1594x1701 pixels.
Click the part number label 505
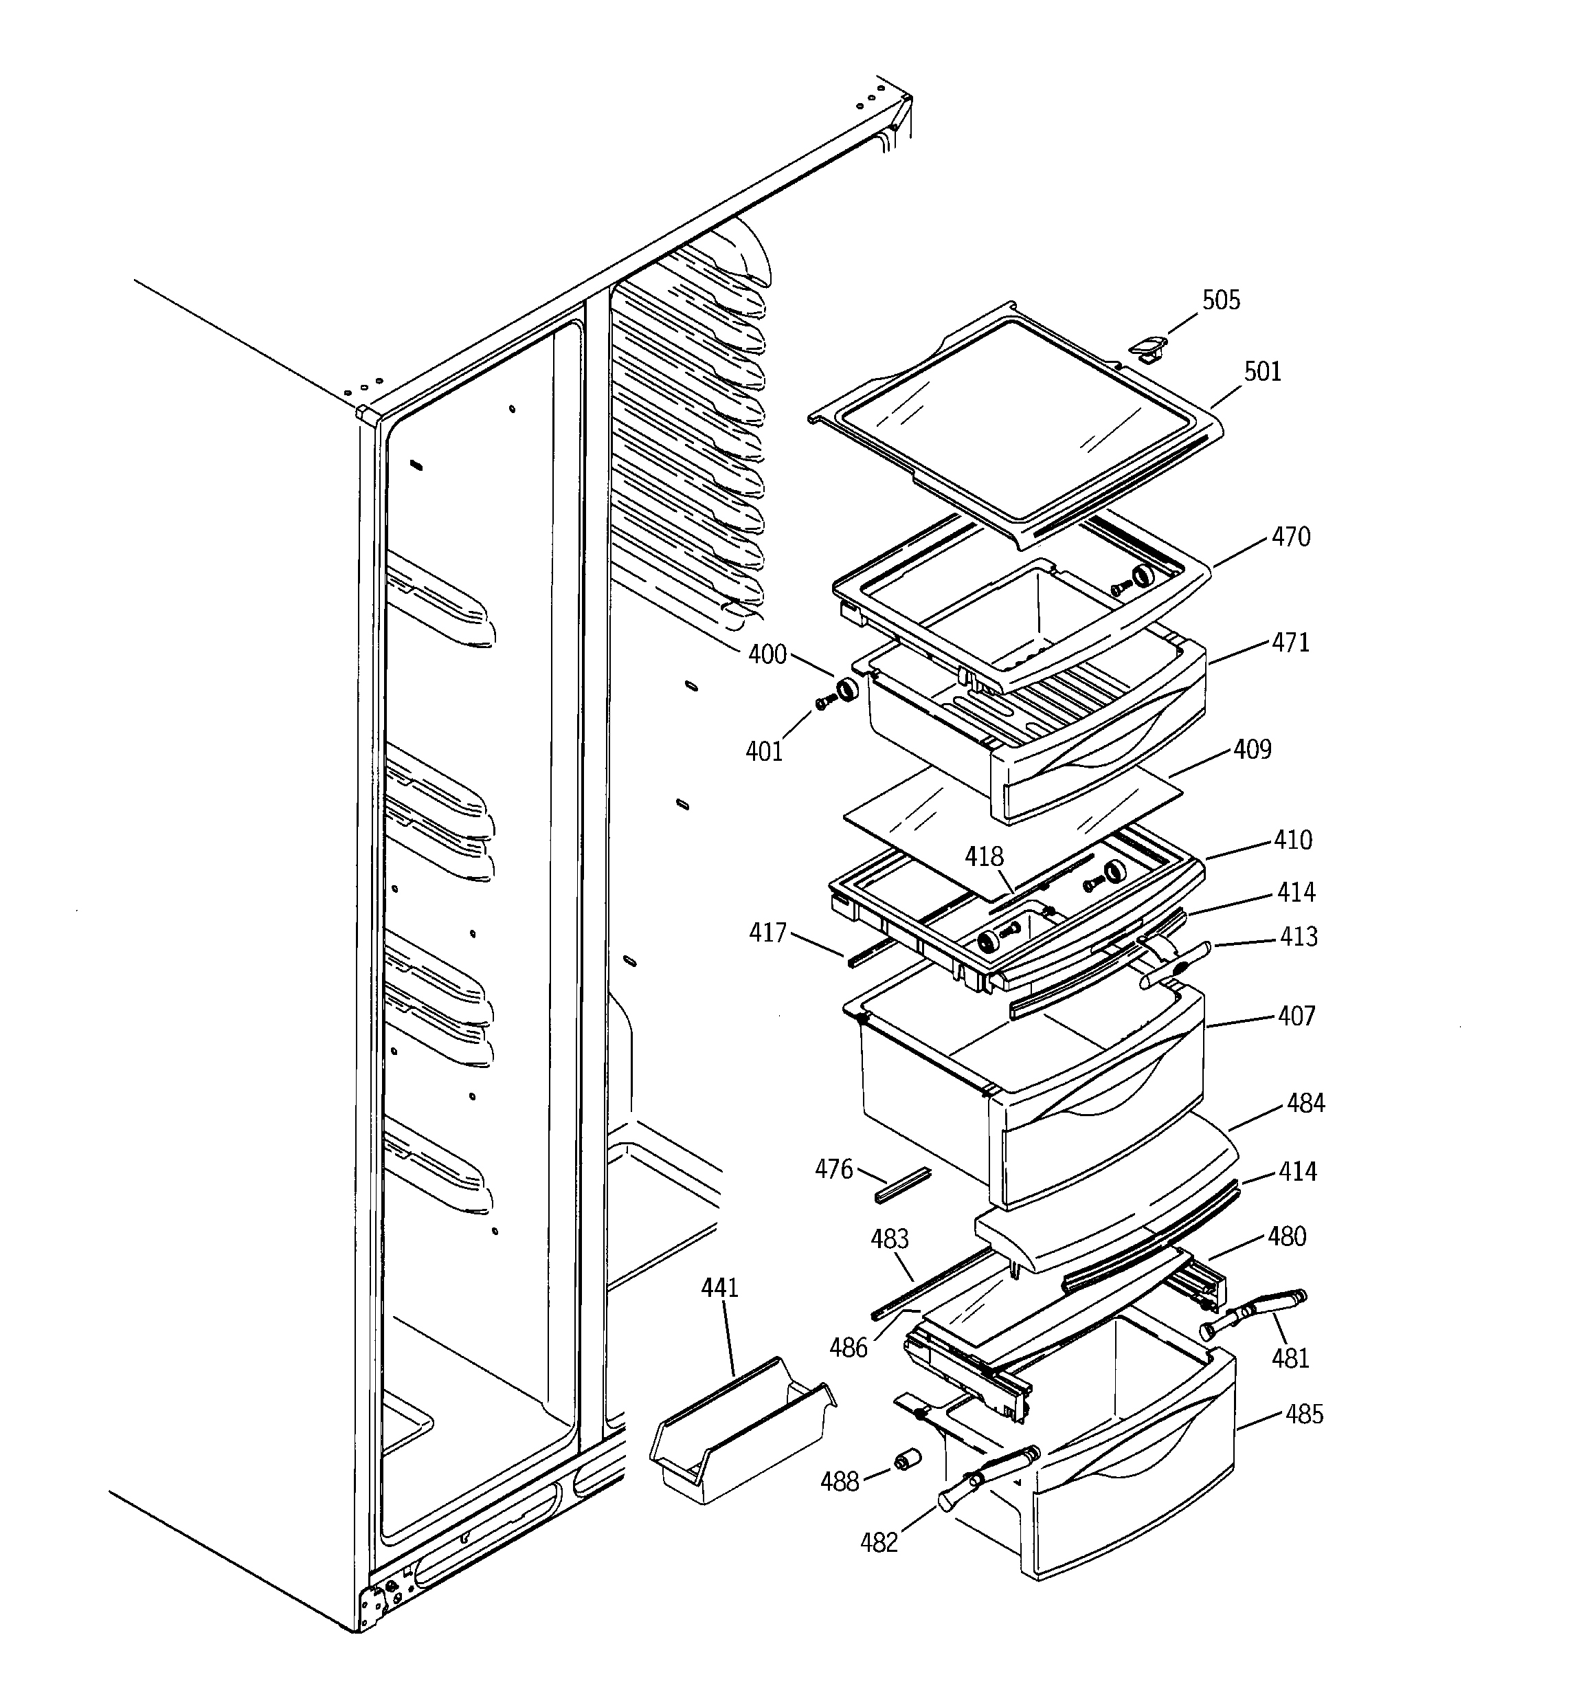[1220, 300]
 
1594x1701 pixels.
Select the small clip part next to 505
[1147, 346]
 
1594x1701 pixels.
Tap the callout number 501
[1262, 373]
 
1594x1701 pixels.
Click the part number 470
[1290, 537]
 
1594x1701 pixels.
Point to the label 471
[1290, 643]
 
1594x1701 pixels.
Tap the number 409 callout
[1252, 750]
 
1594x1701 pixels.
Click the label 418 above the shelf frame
[984, 856]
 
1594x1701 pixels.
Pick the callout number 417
[767, 933]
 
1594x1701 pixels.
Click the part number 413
[1298, 937]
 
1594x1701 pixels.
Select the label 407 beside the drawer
[1296, 1016]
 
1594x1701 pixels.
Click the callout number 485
[1303, 1414]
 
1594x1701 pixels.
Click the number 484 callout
[1305, 1104]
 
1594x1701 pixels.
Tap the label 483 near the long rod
[889, 1239]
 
